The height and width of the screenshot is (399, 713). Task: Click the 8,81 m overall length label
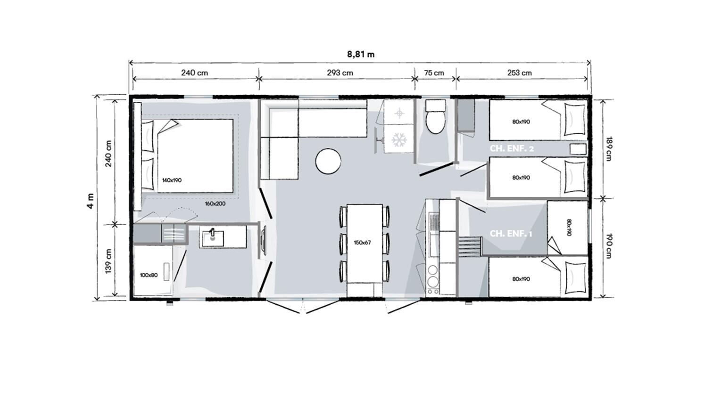(x=361, y=54)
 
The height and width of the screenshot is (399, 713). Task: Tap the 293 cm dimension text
(x=340, y=73)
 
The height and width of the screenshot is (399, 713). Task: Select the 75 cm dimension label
(x=434, y=73)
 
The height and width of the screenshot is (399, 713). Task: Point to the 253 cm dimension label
(x=520, y=73)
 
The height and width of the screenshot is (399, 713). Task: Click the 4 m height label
(x=91, y=201)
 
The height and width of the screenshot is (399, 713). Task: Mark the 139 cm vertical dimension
(x=108, y=261)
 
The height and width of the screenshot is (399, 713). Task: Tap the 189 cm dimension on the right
(x=609, y=149)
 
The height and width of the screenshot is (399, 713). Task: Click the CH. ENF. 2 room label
(x=512, y=149)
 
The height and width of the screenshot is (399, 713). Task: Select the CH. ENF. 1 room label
(x=511, y=234)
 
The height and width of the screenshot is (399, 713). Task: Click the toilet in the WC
(x=435, y=117)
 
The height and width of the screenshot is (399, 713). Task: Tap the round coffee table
(x=328, y=161)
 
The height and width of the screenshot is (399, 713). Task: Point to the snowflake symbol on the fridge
(x=399, y=140)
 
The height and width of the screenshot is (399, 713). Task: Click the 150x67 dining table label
(x=362, y=243)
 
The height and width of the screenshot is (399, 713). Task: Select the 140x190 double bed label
(x=172, y=180)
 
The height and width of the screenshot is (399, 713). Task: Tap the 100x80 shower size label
(x=149, y=275)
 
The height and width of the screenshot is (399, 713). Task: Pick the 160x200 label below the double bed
(x=215, y=204)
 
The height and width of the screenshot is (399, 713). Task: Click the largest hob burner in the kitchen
(x=433, y=282)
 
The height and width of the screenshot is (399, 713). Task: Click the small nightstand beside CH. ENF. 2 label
(x=578, y=149)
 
